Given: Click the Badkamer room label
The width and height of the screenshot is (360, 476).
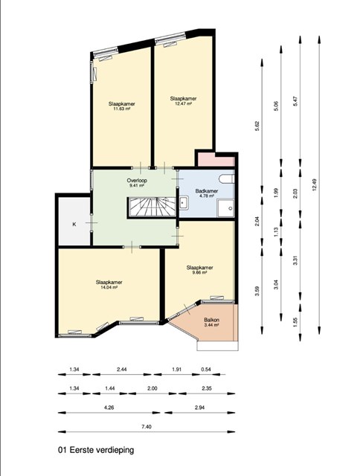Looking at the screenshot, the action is [x=207, y=191].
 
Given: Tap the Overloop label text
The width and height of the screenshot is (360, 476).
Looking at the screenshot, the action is [x=137, y=181].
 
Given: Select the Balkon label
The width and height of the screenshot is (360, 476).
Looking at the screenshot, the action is [x=211, y=320].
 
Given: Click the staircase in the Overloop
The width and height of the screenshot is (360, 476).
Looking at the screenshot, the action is [x=152, y=207].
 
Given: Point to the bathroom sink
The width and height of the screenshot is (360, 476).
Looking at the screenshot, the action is [x=183, y=202].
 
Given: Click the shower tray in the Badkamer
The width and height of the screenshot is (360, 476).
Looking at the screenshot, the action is [x=225, y=208].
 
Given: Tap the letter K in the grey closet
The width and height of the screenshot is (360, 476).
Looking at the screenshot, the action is [x=74, y=225].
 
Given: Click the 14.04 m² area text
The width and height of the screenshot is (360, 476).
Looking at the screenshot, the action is [x=109, y=287].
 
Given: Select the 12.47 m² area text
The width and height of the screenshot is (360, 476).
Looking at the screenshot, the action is [x=183, y=103].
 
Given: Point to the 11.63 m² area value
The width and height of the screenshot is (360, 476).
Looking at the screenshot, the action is [x=121, y=109].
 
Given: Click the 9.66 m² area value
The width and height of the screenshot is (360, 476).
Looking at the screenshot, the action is [x=199, y=273].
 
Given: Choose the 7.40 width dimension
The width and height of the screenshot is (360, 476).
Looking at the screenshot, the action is [x=147, y=427].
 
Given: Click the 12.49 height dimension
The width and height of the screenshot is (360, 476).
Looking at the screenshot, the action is [x=314, y=184].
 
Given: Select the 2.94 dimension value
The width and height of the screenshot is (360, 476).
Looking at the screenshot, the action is [x=199, y=408].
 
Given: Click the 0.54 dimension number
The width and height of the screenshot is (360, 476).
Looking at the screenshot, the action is [x=206, y=370].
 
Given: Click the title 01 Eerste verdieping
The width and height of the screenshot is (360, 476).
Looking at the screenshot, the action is [x=96, y=450].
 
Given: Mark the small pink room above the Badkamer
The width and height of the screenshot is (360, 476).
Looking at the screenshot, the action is [x=216, y=161].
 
